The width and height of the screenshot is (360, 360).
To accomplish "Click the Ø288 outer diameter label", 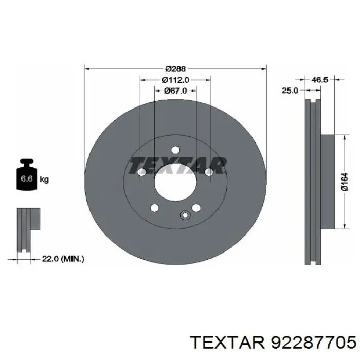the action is pyautogui.click(x=175, y=68).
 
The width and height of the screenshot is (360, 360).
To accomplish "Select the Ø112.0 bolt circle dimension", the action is pyautogui.click(x=175, y=80).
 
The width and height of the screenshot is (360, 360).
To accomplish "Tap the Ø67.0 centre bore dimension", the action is pyautogui.click(x=175, y=91).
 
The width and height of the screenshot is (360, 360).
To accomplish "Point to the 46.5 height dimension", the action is pyautogui.click(x=319, y=80).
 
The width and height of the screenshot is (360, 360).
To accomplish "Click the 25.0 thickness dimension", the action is pyautogui.click(x=290, y=91).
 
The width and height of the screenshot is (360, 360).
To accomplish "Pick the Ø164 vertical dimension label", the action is pyautogui.click(x=345, y=182).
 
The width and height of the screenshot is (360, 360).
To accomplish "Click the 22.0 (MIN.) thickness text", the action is pyautogui.click(x=63, y=259).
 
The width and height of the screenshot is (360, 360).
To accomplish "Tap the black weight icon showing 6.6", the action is pyautogui.click(x=27, y=174).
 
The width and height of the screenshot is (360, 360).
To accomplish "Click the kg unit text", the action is pyautogui.click(x=44, y=179).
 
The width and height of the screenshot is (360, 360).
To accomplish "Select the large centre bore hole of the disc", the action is pyautogui.click(x=175, y=183).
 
